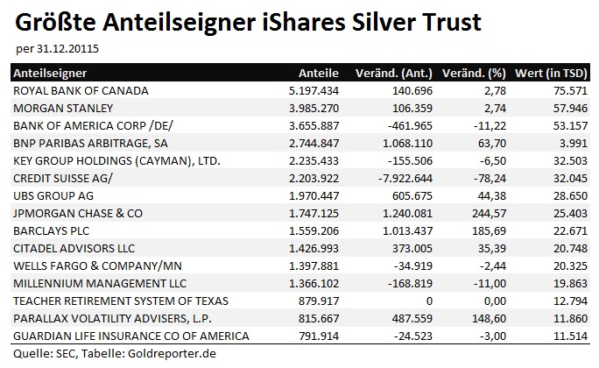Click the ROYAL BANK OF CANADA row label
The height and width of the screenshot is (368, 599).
(x=81, y=90)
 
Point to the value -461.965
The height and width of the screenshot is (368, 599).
(x=397, y=125)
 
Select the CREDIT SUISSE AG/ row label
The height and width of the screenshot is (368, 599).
(x=64, y=178)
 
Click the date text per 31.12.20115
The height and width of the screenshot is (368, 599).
(x=58, y=48)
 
